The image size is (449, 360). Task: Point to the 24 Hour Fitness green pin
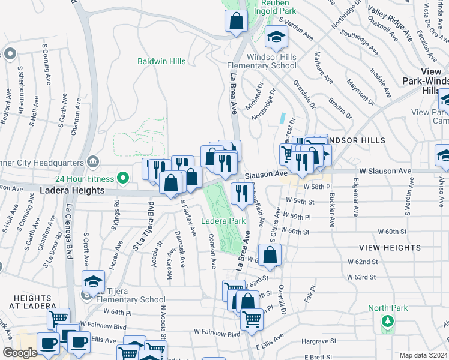coord(123,178)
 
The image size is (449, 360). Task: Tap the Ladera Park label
coord(223,221)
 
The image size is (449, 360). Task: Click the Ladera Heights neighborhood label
coord(73,190)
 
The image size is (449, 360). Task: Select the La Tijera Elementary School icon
coord(93,282)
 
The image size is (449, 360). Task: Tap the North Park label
coord(387,308)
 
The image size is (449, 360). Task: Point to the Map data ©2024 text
coord(423,355)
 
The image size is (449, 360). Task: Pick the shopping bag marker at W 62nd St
coord(270,254)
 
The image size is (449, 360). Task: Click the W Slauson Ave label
coord(381,172)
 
